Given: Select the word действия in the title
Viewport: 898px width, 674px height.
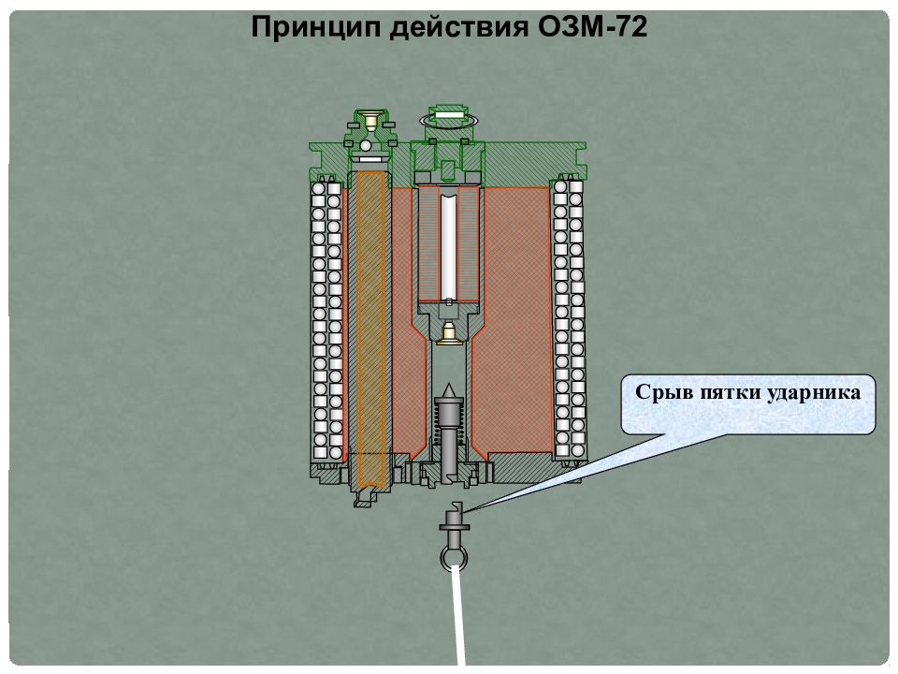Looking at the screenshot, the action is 459,27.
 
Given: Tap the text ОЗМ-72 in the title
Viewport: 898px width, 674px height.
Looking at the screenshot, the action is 593,26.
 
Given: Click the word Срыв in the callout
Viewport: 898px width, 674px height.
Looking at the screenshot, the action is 661,393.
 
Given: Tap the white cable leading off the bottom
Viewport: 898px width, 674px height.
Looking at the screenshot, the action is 458,614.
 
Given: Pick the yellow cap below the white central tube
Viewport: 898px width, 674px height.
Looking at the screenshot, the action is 448,333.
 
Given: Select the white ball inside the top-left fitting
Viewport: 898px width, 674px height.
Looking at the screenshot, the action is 366,146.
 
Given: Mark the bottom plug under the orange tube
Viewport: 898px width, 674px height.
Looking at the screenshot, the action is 367,497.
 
